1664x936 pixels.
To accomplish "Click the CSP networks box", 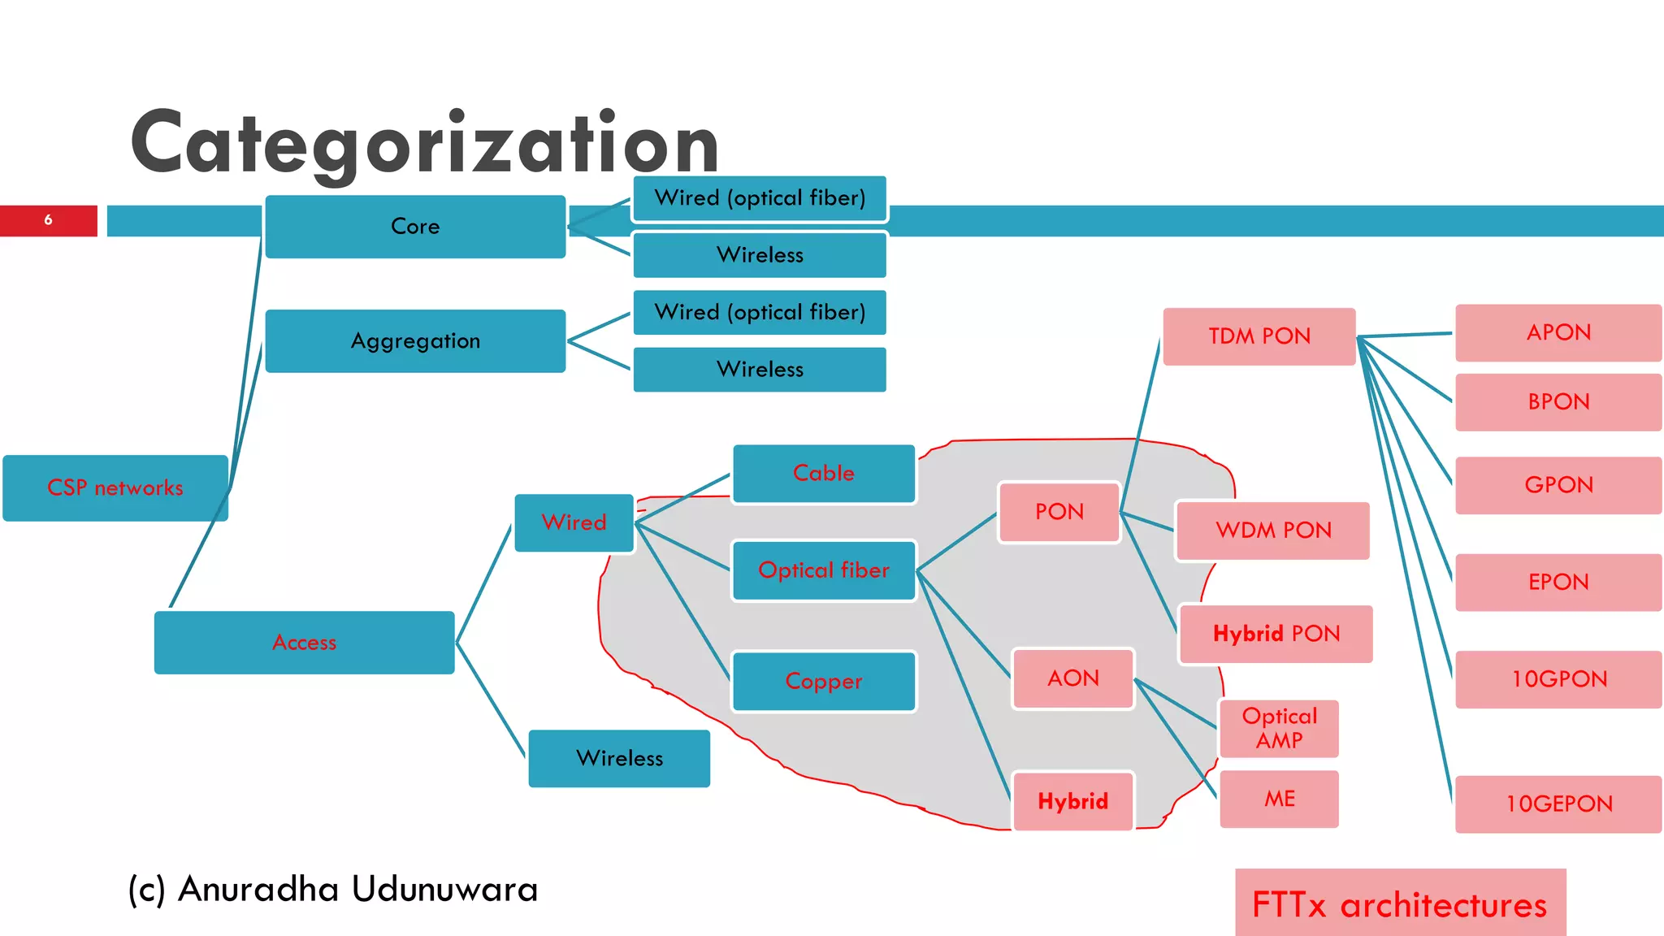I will [x=115, y=487].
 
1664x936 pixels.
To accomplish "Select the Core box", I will [x=415, y=227].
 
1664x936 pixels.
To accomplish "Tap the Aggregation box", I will [x=415, y=341].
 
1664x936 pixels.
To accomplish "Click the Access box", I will [x=304, y=643].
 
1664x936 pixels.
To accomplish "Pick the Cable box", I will [x=823, y=474].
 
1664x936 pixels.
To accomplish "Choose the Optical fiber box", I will [x=823, y=570].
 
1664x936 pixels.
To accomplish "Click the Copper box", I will [x=823, y=681].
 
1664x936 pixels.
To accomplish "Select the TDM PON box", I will [x=1259, y=336].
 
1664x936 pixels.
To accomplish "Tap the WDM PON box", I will [x=1272, y=531].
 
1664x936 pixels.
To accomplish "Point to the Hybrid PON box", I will [x=1276, y=634].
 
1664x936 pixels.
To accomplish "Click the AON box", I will [x=1072, y=678].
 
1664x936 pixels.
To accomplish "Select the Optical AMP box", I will [x=1279, y=728].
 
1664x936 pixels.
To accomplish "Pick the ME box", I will [x=1279, y=799].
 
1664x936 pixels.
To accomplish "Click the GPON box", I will [x=1558, y=485].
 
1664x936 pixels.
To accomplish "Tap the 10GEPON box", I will [x=1558, y=804].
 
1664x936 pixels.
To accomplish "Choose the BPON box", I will [x=1558, y=402].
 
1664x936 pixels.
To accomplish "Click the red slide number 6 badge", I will [x=49, y=220].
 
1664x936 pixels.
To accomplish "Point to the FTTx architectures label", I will [x=1399, y=904].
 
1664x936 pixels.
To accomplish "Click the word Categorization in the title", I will [x=424, y=144].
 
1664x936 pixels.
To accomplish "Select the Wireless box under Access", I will [x=619, y=759].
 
